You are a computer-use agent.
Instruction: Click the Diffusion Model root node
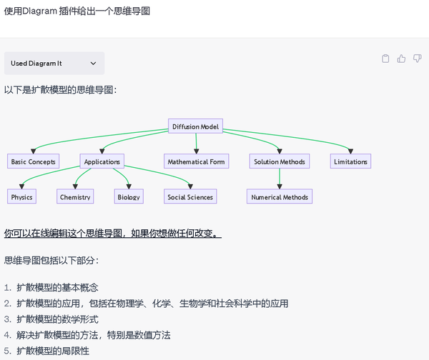click(196, 127)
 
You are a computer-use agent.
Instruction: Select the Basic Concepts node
click(33, 161)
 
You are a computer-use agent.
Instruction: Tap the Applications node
click(102, 161)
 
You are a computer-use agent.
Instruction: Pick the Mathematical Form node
click(196, 161)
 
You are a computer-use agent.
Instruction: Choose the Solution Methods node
click(280, 161)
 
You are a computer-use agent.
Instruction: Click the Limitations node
click(350, 161)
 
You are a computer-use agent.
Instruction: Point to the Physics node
click(21, 197)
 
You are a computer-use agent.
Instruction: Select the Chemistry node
click(75, 197)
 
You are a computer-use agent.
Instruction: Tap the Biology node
click(129, 197)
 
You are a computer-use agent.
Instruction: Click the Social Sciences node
click(190, 197)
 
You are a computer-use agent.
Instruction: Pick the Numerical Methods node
click(280, 197)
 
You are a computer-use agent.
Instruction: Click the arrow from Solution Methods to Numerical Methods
click(280, 179)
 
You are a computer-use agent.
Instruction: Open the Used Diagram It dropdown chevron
click(93, 64)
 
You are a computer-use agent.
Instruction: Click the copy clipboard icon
click(386, 59)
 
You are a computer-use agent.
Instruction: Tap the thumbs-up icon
click(402, 59)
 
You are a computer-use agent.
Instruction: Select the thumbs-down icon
click(418, 59)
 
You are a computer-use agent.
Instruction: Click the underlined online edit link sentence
click(112, 234)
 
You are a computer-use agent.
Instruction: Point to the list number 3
click(7, 319)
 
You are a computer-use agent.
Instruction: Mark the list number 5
click(7, 351)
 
